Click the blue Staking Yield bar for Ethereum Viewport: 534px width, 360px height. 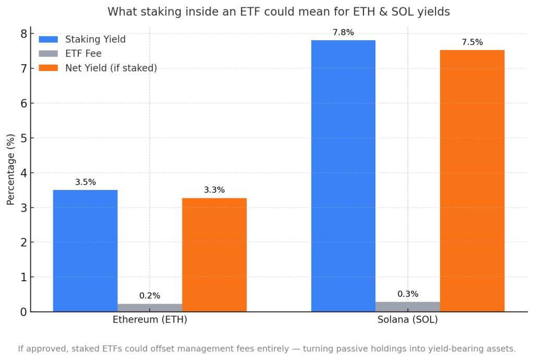pos(85,250)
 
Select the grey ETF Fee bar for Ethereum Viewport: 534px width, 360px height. pos(150,308)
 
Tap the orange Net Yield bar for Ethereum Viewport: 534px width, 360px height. pos(214,255)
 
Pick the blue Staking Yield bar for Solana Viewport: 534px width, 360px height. pos(343,176)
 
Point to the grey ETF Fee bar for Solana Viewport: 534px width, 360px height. pos(408,307)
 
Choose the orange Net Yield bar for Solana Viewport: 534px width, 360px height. pos(472,181)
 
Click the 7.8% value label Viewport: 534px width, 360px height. pos(343,32)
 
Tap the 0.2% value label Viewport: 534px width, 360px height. pos(150,296)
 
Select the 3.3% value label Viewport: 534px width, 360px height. pos(214,190)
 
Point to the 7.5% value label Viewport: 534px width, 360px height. pos(472,42)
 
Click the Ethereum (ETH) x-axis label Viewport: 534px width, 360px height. pos(150,320)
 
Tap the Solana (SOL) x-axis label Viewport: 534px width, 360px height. pos(408,320)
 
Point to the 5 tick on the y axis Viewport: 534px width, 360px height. pos(23,138)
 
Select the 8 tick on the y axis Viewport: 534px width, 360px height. pos(23,33)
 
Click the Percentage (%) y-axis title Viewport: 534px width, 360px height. pos(11,170)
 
